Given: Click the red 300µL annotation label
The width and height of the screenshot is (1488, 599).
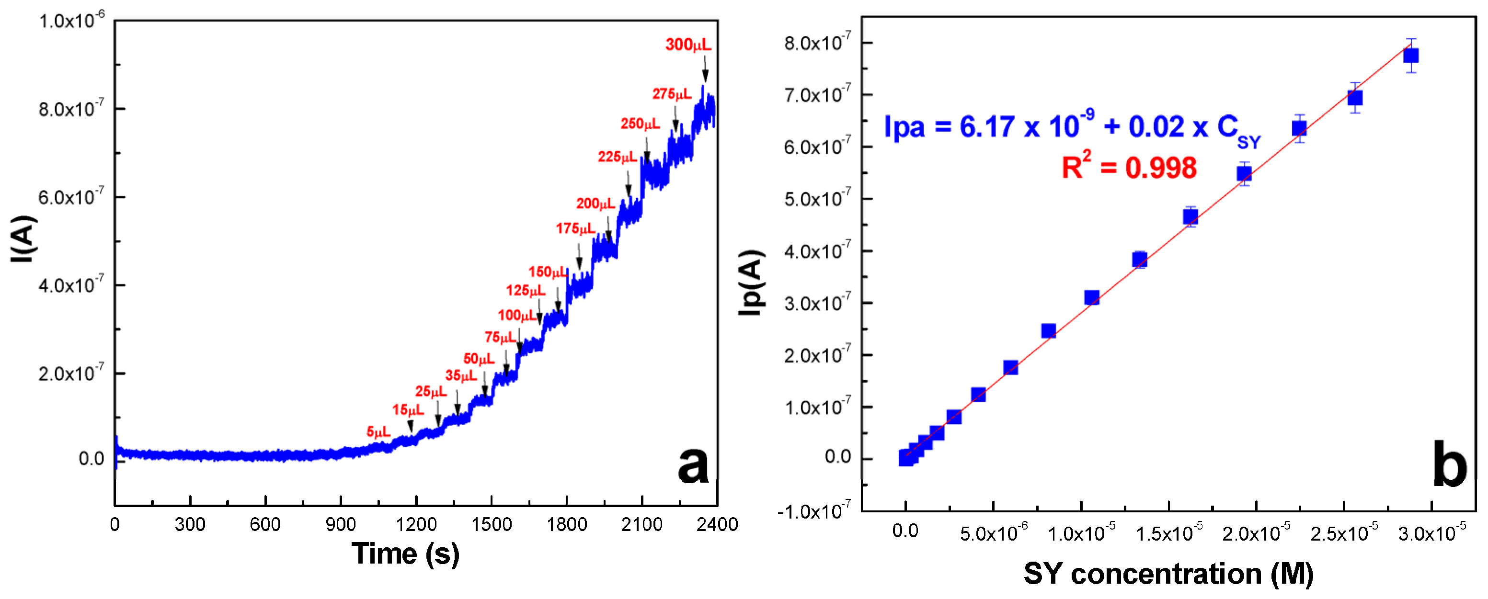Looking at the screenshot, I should (x=687, y=45).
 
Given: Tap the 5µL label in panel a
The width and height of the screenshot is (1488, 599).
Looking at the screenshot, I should (x=378, y=431).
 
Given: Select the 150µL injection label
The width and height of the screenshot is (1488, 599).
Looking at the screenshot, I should (x=547, y=272).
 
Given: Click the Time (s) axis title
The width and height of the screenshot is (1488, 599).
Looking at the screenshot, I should (x=405, y=554).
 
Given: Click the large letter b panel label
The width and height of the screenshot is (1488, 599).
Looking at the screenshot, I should (x=1449, y=464).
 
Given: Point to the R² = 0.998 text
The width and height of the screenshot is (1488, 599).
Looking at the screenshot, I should (x=1129, y=168).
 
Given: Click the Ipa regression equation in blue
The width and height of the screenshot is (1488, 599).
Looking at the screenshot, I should (x=1072, y=127).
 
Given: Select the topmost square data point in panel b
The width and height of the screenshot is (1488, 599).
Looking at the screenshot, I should (x=1410, y=56).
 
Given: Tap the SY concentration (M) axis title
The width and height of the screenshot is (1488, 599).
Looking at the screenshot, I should (x=1168, y=574).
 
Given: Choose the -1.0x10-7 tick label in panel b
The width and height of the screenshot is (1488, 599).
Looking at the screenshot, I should (x=813, y=511).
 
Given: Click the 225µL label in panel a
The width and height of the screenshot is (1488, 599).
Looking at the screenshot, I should (x=617, y=157).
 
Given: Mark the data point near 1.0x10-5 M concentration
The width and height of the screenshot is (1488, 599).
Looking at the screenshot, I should (x=1091, y=298).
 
